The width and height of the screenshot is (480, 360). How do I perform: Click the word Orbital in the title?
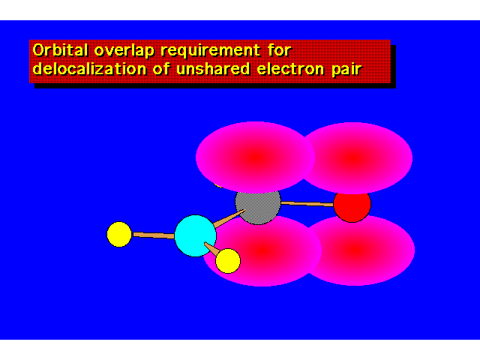pyautogui.click(x=60, y=49)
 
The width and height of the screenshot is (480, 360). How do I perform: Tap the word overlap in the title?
pyautogui.click(x=124, y=51)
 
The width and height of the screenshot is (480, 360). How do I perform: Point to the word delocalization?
pyautogui.click(x=89, y=68)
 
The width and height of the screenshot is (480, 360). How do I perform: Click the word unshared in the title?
pyautogui.click(x=213, y=68)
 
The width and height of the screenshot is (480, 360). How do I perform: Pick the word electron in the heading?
pyautogui.click(x=290, y=69)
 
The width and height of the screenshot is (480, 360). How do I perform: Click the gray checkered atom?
pyautogui.click(x=258, y=205)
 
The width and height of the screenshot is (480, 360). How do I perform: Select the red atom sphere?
pyautogui.click(x=352, y=205)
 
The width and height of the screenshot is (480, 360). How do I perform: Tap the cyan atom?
pyautogui.click(x=195, y=235)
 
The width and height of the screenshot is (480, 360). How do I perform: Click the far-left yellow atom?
pyautogui.click(x=119, y=235)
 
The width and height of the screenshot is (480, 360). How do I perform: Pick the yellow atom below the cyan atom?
pyautogui.click(x=228, y=261)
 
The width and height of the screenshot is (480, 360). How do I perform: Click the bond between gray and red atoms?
pyautogui.click(x=307, y=204)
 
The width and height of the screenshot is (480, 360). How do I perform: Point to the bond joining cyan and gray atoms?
pyautogui.click(x=229, y=218)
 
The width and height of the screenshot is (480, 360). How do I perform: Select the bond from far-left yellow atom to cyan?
pyautogui.click(x=154, y=235)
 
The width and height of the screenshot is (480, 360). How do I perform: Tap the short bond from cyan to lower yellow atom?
pyautogui.click(x=211, y=248)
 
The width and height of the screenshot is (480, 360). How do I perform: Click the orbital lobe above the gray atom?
pyautogui.click(x=255, y=157)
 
